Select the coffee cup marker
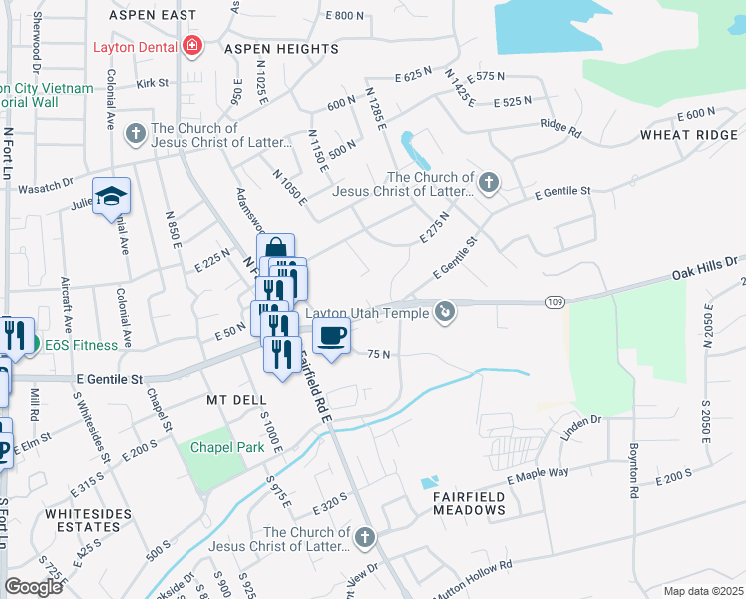332,335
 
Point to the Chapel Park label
229,447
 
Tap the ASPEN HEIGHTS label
281,49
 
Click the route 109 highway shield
556,301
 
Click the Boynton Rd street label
632,470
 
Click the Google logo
33,586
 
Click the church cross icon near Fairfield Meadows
364,537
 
